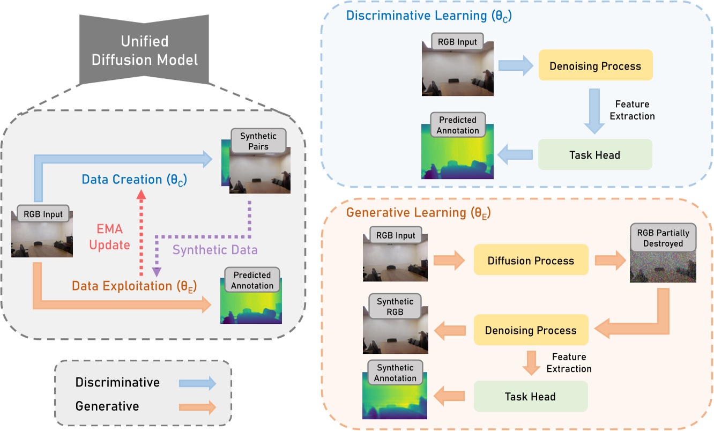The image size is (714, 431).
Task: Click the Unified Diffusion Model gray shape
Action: point(144,50)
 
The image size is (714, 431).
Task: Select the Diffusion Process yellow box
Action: point(531,261)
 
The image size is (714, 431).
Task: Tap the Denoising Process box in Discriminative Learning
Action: point(595,66)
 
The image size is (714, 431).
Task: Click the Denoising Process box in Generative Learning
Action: point(531,330)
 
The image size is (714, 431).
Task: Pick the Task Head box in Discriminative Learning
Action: point(594,155)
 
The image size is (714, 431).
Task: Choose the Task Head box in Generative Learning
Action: point(530,397)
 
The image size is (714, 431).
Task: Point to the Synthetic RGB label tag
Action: point(395,307)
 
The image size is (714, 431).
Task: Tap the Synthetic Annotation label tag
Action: point(395,373)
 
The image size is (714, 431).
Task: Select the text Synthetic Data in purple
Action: point(214,250)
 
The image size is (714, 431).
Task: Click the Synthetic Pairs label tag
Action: point(258,142)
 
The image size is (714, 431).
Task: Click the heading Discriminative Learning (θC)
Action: point(429,15)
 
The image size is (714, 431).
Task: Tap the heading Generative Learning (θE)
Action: point(419,212)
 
